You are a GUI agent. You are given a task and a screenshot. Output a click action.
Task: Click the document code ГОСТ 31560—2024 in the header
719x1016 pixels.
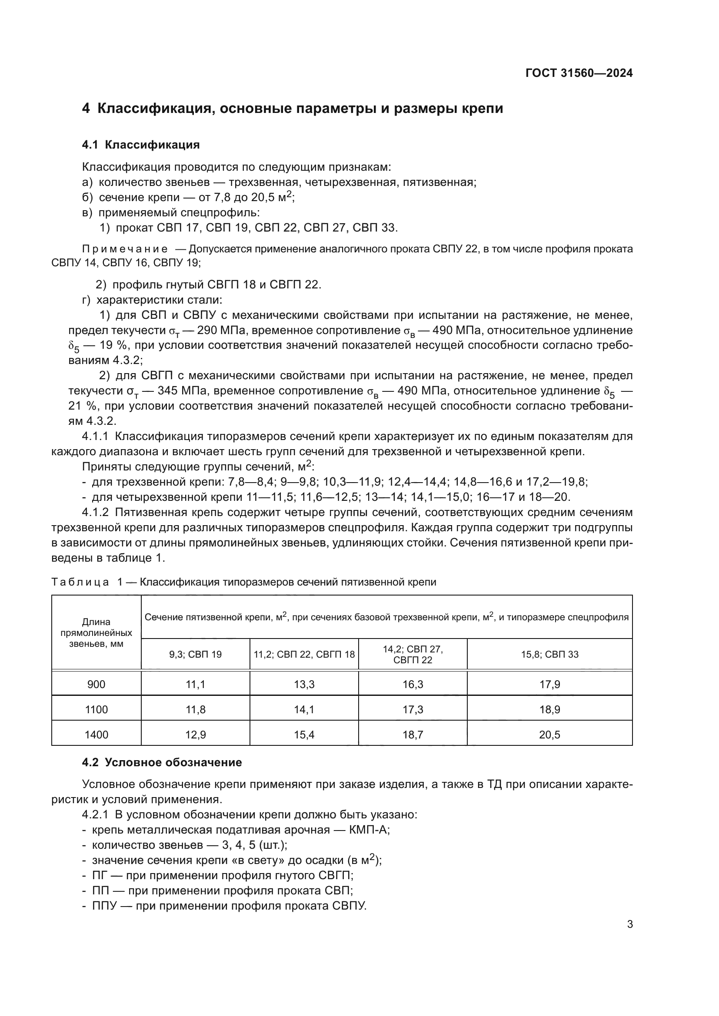pyautogui.click(x=579, y=73)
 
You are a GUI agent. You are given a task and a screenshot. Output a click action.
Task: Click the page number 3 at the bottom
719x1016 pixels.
pyautogui.click(x=629, y=924)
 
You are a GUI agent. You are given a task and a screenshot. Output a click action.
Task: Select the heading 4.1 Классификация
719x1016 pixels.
pyautogui.click(x=141, y=145)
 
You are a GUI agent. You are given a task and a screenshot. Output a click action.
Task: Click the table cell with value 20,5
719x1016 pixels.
pyautogui.click(x=549, y=735)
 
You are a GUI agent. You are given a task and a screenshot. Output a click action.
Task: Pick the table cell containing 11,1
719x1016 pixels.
pyautogui.click(x=195, y=685)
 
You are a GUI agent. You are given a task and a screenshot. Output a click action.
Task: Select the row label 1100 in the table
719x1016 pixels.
pyautogui.click(x=96, y=710)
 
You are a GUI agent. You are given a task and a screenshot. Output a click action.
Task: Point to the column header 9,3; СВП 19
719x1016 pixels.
pyautogui.click(x=195, y=655)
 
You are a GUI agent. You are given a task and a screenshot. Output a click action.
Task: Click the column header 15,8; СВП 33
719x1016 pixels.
pyautogui.click(x=549, y=655)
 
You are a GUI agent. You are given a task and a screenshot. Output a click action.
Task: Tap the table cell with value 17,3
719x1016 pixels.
pyautogui.click(x=413, y=710)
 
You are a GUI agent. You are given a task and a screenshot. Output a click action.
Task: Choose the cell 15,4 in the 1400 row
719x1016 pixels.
pyautogui.click(x=304, y=735)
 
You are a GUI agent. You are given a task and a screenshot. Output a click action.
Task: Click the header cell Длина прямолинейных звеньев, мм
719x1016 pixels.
pyautogui.click(x=96, y=633)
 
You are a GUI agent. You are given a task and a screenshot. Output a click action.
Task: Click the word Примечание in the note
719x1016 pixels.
pyautogui.click(x=125, y=249)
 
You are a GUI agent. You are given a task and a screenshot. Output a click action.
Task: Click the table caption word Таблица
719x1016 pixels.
pyautogui.click(x=80, y=582)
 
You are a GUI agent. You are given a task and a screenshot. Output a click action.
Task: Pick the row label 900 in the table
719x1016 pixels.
pyautogui.click(x=96, y=685)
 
